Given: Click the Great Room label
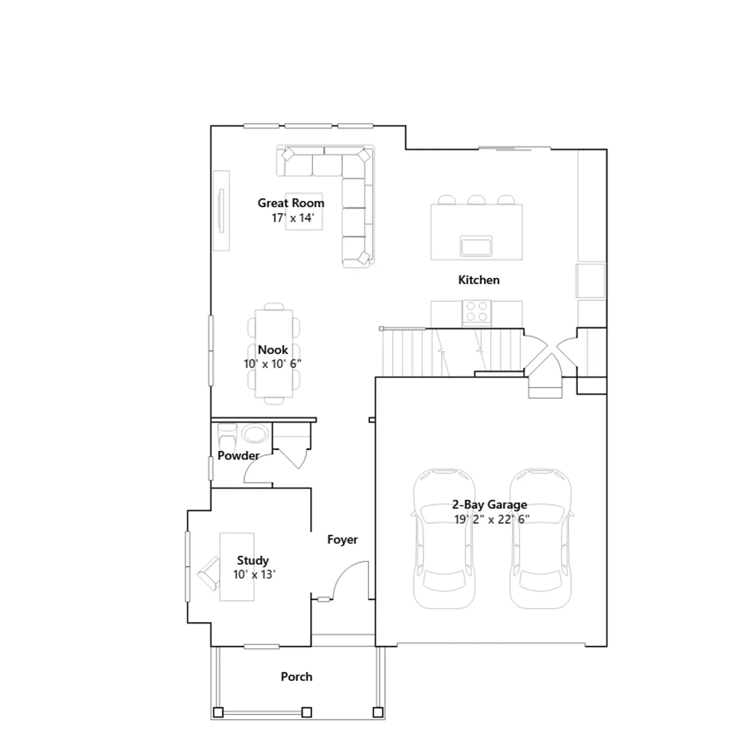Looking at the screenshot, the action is click(291, 203).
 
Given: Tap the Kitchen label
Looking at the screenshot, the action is click(479, 280).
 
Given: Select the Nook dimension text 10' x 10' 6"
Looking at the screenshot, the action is click(273, 364).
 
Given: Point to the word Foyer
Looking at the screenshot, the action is click(342, 540).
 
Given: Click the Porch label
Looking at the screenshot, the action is click(296, 677).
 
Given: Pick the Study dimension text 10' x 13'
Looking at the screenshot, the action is click(254, 575).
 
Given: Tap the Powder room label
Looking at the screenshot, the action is click(238, 455).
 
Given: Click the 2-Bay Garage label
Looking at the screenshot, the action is click(489, 505).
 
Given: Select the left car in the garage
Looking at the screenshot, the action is click(444, 538).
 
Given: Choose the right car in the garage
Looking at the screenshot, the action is click(540, 538).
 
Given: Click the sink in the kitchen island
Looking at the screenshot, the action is click(476, 246).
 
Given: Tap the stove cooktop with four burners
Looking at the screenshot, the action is click(476, 312).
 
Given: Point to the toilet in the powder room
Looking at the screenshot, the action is click(227, 435).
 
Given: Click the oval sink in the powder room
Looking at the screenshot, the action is click(255, 435).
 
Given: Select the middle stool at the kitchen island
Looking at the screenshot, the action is click(476, 200).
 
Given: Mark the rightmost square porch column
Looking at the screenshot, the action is click(378, 712).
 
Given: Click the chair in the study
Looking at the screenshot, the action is click(208, 574).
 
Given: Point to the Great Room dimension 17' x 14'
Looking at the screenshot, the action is click(293, 217).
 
